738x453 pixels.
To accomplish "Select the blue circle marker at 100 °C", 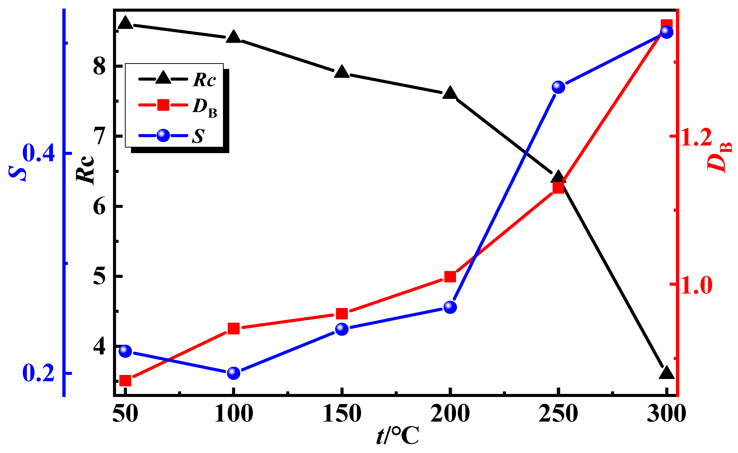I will click(234, 373).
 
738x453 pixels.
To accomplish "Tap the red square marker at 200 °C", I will click(450, 277).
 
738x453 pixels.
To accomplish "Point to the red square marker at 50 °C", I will click(125, 381).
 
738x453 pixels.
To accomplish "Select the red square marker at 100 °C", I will click(234, 328).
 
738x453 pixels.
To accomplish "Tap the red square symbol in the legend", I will click(163, 105).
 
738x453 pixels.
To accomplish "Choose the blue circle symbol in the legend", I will click(163, 136).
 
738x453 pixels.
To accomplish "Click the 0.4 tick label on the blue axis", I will click(38, 153).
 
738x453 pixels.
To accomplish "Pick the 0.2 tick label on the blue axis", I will click(38, 373).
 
